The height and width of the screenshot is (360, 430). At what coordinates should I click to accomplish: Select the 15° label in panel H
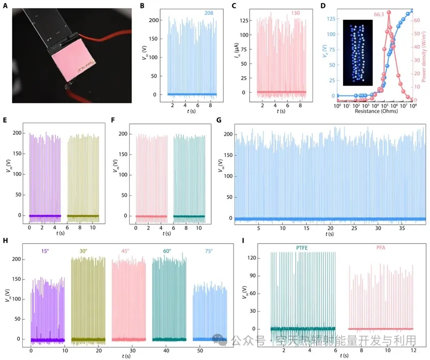(x=48, y=252)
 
